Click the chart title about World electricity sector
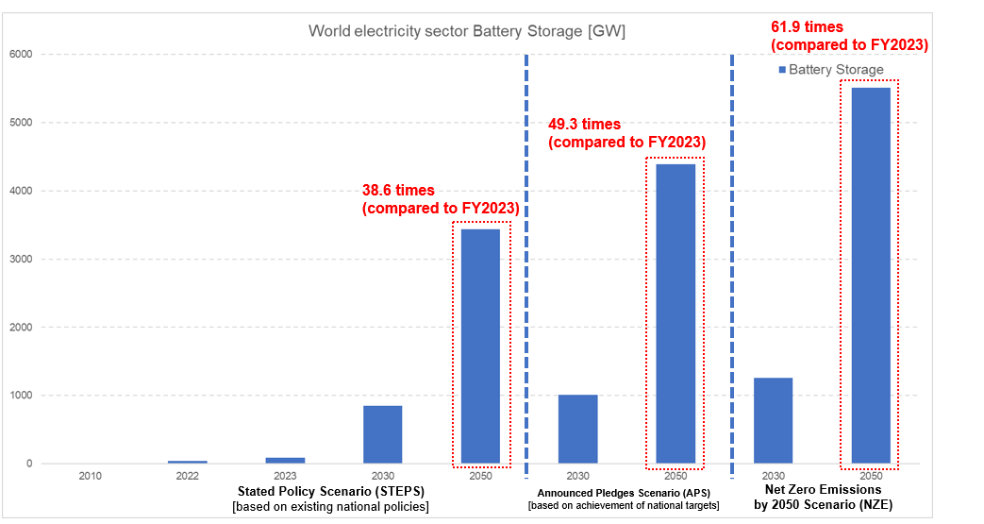(x=467, y=31)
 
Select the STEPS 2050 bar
(x=480, y=346)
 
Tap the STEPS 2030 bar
(x=382, y=434)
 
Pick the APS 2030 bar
(x=577, y=429)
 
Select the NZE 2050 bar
(x=871, y=275)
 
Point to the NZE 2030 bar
(x=773, y=420)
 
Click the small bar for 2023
(x=285, y=460)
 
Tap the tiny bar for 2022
(x=188, y=462)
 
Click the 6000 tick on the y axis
(x=20, y=55)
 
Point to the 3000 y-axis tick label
(x=20, y=260)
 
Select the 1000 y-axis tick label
(x=20, y=396)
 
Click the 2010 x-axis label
(x=90, y=476)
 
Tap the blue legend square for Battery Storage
(x=782, y=70)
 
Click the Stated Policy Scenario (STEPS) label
(x=330, y=492)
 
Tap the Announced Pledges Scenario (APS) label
(x=623, y=493)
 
